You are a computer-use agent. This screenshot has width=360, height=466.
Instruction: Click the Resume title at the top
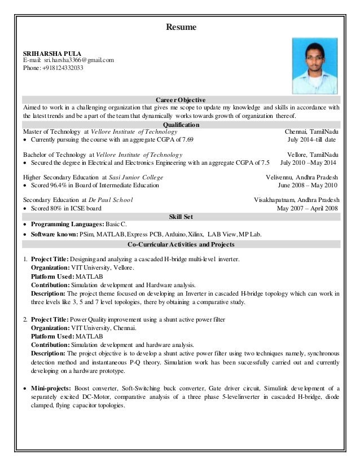point(180,26)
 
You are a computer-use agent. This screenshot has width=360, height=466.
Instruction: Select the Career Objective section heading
point(180,100)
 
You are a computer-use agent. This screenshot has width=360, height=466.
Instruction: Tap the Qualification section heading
point(180,124)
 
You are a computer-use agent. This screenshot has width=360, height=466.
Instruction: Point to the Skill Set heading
point(180,216)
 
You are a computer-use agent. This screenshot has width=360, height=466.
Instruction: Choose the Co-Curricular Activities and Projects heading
point(180,244)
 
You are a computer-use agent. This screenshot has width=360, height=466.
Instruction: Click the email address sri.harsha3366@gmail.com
point(74,60)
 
